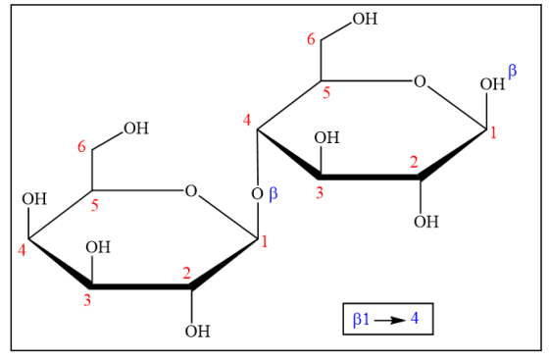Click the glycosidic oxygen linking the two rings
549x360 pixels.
coord(257,194)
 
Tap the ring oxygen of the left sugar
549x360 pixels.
coord(191,191)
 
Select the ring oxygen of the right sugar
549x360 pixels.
coord(420,81)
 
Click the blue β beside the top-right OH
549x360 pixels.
coord(512,72)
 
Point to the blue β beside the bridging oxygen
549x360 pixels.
coord(274,193)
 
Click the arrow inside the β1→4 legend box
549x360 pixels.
coord(390,320)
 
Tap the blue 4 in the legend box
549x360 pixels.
coord(415,319)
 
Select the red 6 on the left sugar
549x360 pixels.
coord(81,147)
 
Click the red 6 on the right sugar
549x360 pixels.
coord(311,39)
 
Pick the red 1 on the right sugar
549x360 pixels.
coord(493,133)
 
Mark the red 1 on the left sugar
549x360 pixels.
coord(265,242)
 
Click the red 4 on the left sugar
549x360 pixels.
coord(22,250)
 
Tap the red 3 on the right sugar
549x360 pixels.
coord(320,193)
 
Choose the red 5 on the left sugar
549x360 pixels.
coord(95,206)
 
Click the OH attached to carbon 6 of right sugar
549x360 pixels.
coord(365,19)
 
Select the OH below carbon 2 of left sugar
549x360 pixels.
coord(198,332)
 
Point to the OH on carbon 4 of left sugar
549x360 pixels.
coord(34,199)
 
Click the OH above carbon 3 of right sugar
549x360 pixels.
coord(326,137)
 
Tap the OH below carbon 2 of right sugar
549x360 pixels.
coord(426,222)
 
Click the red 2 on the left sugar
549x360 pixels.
coord(187,273)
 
